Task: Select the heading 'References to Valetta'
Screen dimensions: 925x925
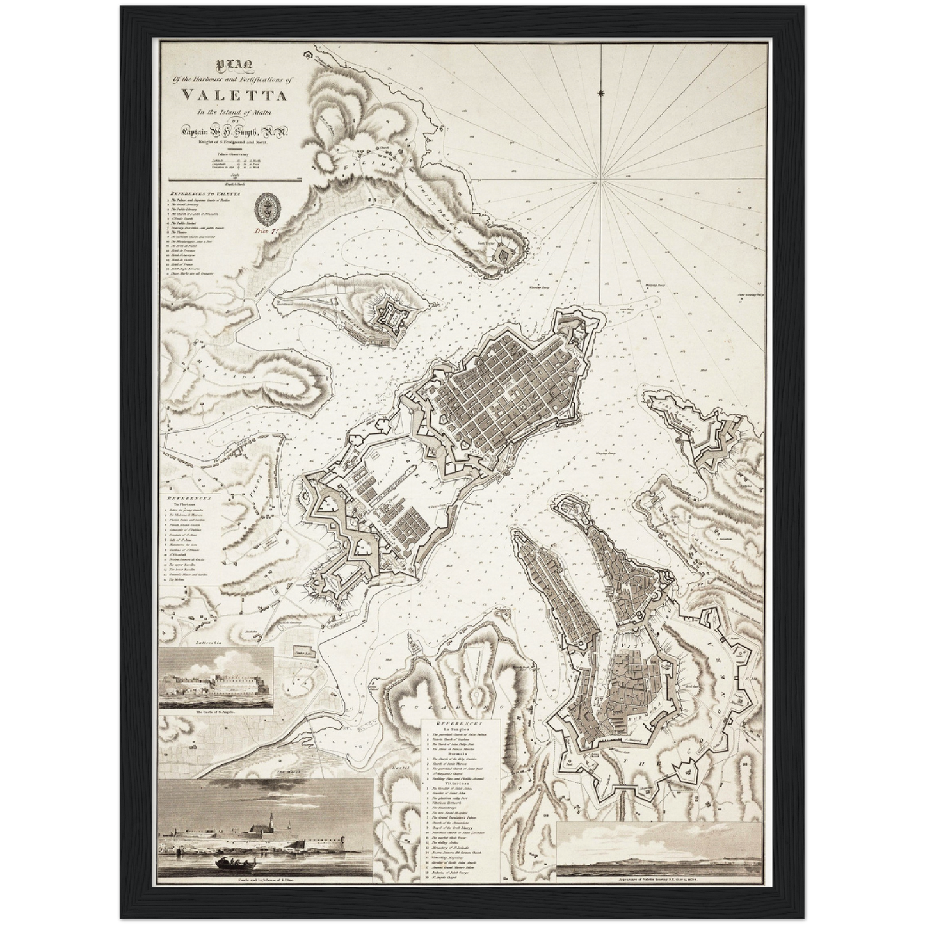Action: [200, 191]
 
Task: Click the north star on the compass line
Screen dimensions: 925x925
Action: [600, 95]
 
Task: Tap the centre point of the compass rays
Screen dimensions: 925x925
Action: [597, 184]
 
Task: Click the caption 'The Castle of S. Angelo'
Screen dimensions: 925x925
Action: [215, 711]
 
